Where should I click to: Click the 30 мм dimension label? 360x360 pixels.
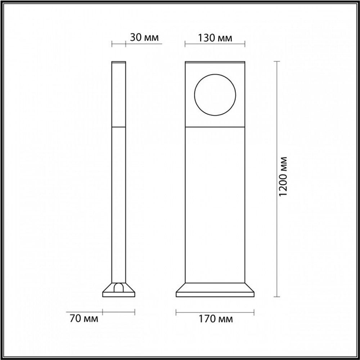pos(144,37)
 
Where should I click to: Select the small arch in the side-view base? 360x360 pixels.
pos(119,287)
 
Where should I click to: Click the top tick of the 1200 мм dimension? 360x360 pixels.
pos(276,62)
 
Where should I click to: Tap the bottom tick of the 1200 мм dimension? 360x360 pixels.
pos(276,297)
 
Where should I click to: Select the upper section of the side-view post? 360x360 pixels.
pos(119,94)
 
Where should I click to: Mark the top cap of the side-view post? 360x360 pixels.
pos(119,62)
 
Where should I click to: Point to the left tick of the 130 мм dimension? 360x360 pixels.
pos(185,44)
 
